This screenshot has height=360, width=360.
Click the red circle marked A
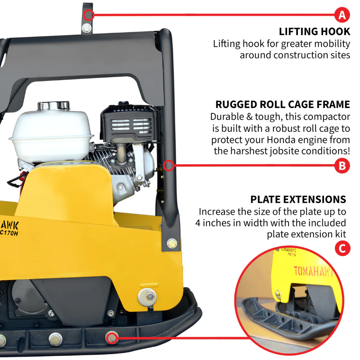click(342, 15)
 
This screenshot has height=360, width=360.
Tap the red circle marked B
click(342, 166)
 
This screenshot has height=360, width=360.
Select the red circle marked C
click(342, 248)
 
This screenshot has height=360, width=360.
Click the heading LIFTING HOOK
click(314, 31)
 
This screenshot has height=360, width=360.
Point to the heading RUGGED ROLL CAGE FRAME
click(283, 105)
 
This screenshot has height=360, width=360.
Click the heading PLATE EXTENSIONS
click(298, 199)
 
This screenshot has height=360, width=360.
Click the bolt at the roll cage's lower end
click(171, 243)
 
